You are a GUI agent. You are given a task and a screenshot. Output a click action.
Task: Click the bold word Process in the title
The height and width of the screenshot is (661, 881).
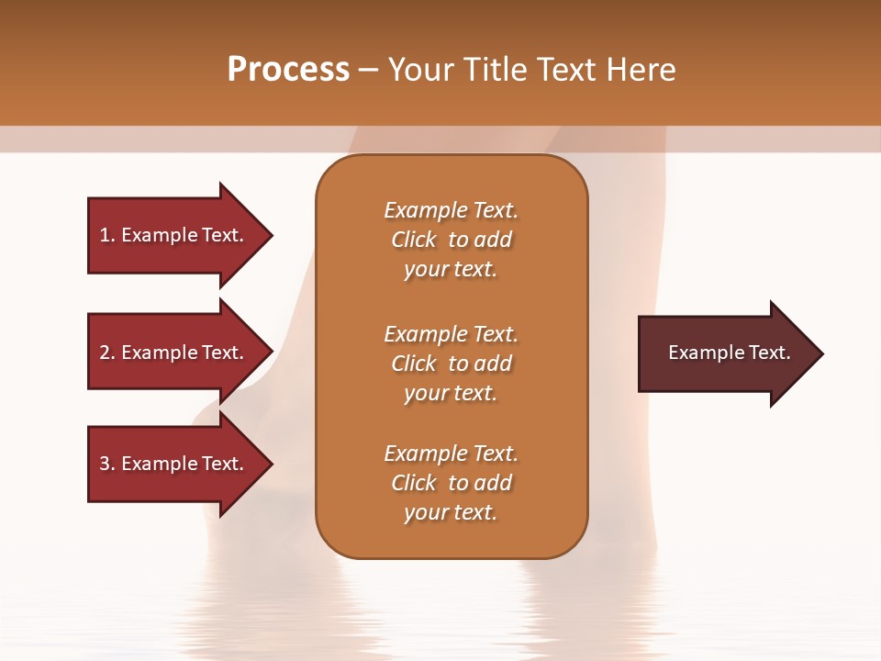coord(288,70)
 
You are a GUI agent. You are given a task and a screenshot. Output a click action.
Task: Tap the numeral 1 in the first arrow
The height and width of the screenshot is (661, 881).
coord(105,235)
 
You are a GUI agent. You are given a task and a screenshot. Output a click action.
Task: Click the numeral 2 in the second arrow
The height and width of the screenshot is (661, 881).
coord(105,353)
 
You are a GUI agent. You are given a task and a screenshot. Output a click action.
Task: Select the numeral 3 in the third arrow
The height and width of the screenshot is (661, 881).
coord(105,464)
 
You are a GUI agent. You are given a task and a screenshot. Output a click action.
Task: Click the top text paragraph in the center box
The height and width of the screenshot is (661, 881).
coord(451,240)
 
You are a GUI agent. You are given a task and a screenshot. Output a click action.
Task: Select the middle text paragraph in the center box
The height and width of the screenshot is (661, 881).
coord(451,364)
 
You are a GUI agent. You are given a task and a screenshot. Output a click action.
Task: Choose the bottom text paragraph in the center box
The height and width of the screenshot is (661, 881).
coord(451,483)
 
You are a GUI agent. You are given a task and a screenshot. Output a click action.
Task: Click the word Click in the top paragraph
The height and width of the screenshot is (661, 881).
coord(414,240)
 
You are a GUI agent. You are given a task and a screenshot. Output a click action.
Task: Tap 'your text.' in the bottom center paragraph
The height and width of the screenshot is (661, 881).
coord(451,512)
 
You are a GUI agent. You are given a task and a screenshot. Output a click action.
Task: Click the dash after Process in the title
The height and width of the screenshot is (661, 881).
coord(369,71)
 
